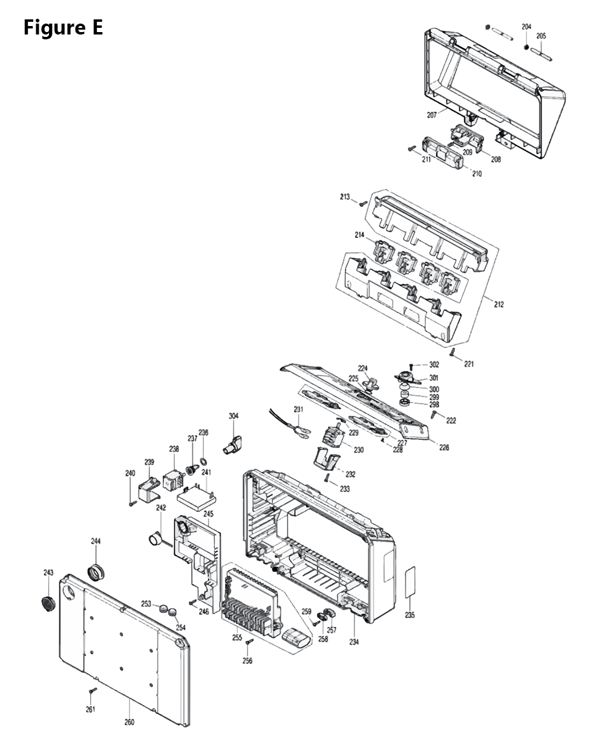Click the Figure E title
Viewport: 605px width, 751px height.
coord(63,28)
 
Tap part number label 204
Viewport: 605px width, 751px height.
coord(526,27)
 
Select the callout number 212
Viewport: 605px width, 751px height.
coord(498,304)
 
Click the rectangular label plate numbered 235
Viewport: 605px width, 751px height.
coord(410,583)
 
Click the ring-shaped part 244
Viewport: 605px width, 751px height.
coord(96,571)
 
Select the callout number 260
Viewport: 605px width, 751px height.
coord(129,722)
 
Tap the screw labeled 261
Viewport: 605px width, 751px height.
coord(93,690)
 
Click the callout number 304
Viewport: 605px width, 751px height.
coord(234,416)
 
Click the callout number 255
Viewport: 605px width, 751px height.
coord(237,638)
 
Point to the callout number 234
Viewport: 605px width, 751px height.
coord(354,642)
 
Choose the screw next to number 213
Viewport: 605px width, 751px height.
coord(362,204)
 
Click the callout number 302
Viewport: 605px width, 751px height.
coord(434,365)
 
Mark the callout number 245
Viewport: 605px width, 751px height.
coord(209,514)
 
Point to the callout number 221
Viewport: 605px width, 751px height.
coord(469,364)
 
